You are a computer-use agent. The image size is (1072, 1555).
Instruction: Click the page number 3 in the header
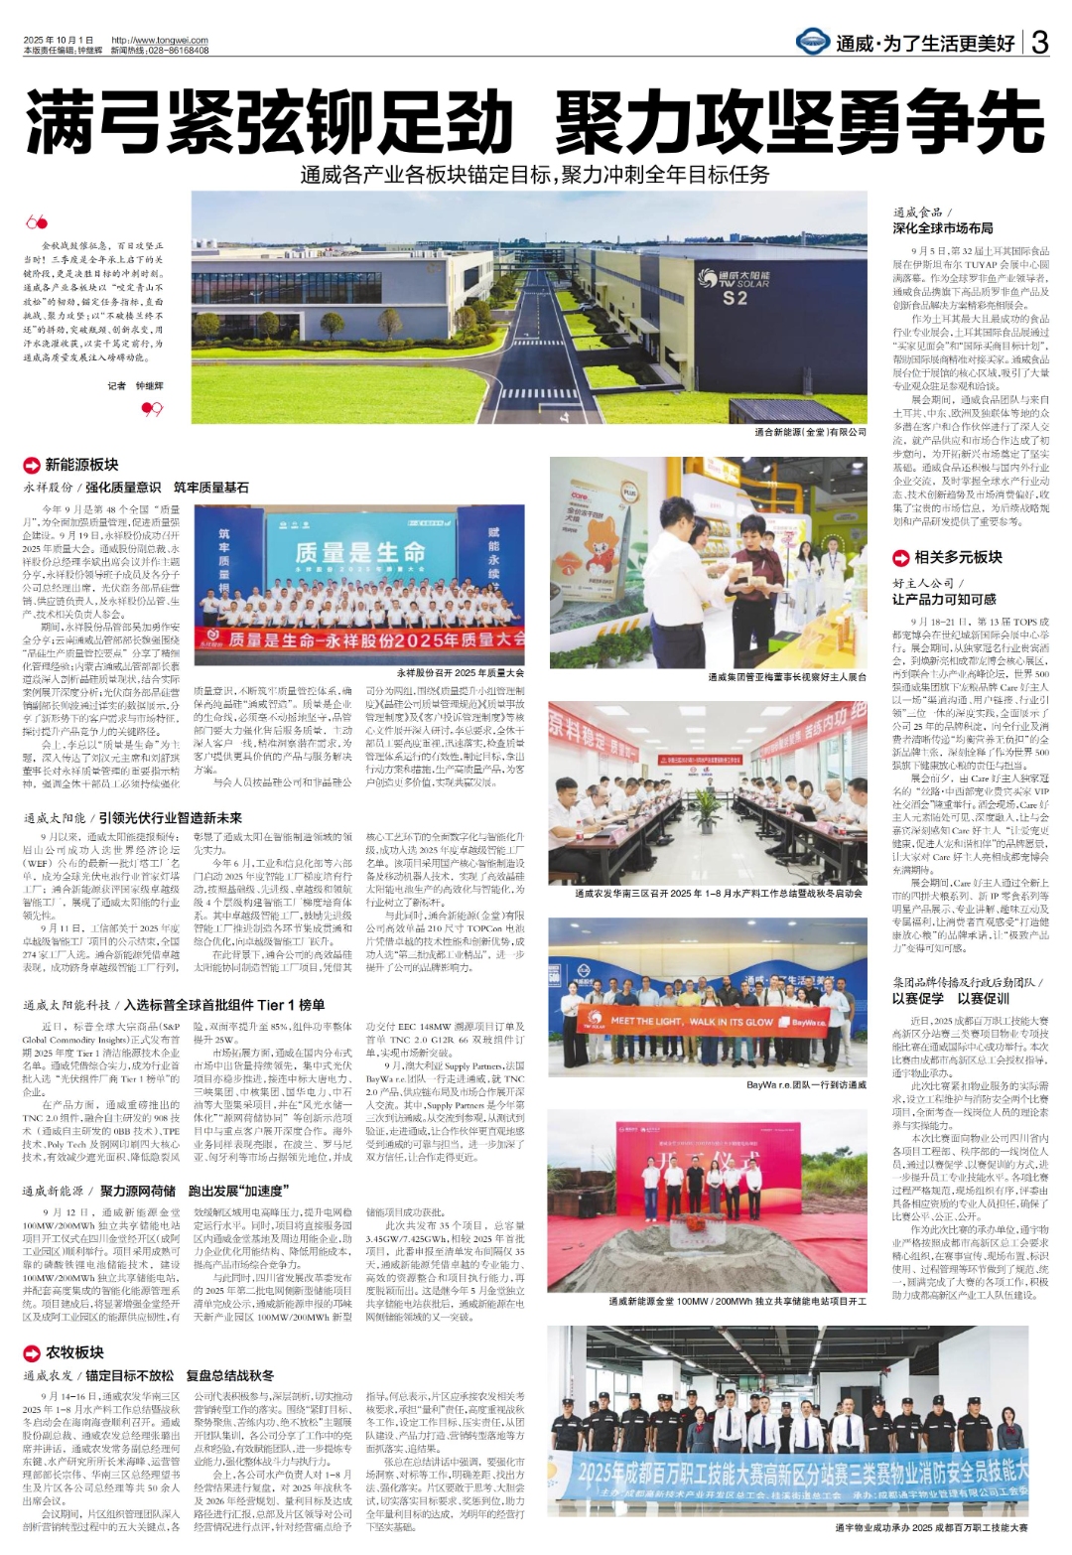tap(1039, 42)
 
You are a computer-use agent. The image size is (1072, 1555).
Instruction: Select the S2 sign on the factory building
tap(735, 297)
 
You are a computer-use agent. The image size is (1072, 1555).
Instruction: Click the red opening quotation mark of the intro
tap(36, 222)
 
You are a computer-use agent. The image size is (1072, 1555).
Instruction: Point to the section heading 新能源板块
tap(81, 464)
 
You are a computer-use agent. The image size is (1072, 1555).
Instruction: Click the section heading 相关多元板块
tap(958, 557)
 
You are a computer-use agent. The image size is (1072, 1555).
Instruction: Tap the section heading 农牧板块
tap(74, 1352)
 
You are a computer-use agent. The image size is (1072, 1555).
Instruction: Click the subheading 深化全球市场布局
tap(942, 228)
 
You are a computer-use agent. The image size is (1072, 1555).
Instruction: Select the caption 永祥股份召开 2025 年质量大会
tap(460, 672)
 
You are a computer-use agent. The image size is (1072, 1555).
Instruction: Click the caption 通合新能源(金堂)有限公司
tap(810, 432)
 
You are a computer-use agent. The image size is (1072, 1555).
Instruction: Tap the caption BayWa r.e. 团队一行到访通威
tap(806, 1085)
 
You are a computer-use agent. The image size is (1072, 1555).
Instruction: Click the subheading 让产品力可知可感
tap(944, 600)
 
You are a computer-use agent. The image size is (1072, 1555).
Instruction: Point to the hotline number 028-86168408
tap(175, 50)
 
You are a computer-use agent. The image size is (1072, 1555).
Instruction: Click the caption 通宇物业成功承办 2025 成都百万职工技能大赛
tap(931, 1527)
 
